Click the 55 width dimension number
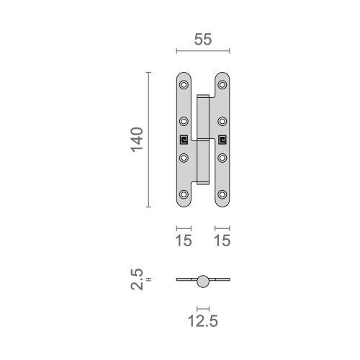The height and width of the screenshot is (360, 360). coord(203,40)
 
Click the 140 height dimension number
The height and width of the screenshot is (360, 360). coord(137,140)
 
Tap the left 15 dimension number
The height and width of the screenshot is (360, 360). coord(184,240)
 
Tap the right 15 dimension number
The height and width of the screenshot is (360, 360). coord(222,240)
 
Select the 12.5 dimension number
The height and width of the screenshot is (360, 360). coord(203,321)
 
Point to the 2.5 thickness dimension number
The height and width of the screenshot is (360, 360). coord(137,279)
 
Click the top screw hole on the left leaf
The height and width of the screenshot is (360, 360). coord(184,85)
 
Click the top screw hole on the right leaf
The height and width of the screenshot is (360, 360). coord(222,85)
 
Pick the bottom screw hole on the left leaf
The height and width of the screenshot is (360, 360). coord(184,194)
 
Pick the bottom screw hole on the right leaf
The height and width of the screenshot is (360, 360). coord(222,194)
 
